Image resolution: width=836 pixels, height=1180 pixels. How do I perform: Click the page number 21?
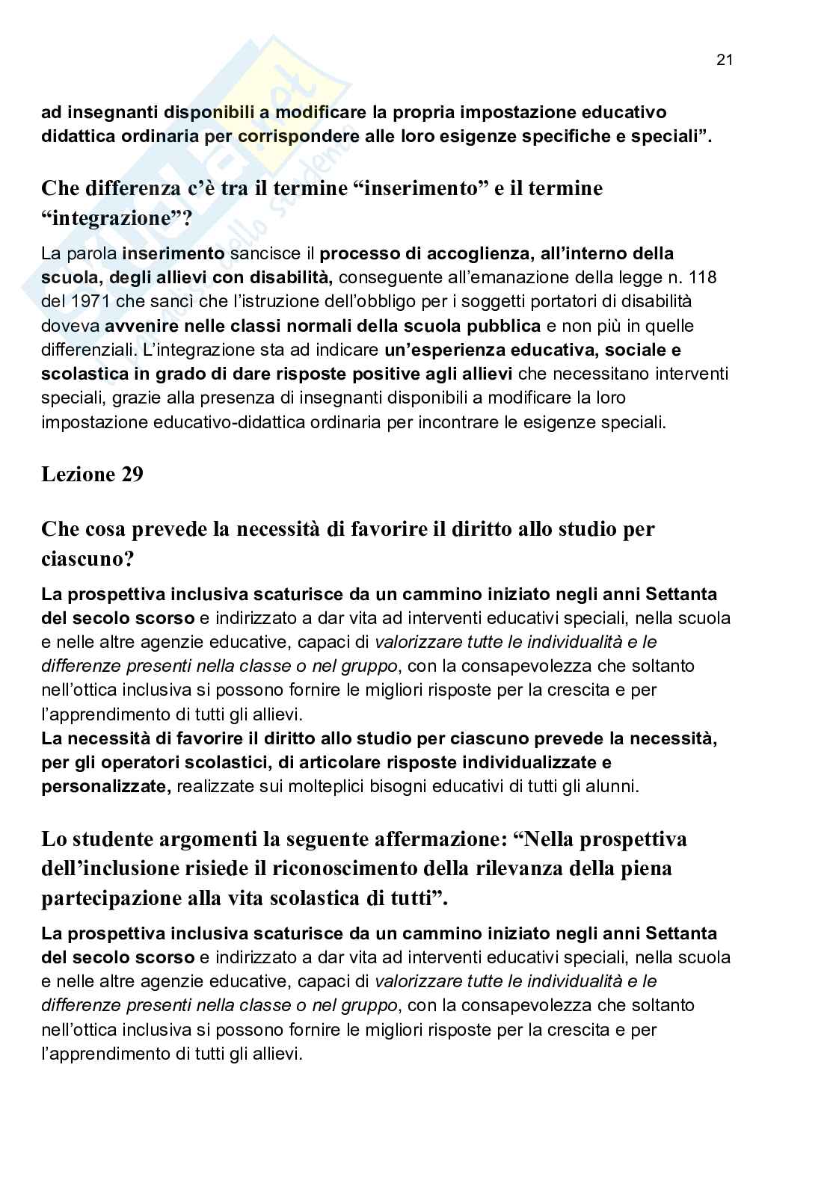724,61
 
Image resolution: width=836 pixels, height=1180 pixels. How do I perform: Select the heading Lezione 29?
92,475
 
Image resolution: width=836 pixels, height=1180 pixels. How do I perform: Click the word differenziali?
83,349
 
